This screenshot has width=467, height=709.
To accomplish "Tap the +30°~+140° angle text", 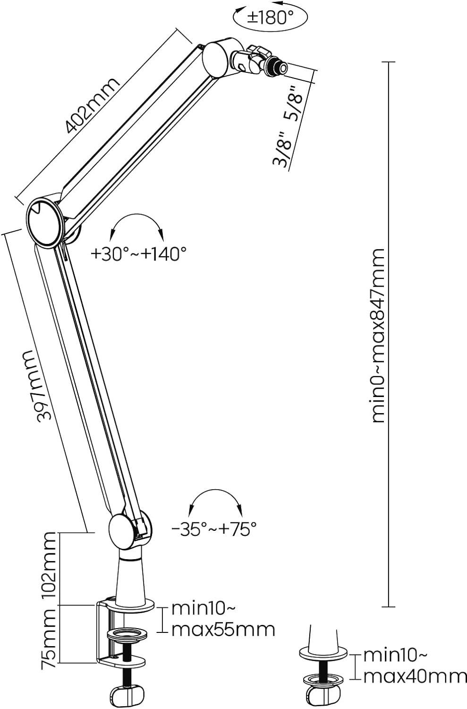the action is pyautogui.click(x=138, y=253).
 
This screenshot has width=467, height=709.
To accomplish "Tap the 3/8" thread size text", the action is pyautogui.click(x=281, y=149).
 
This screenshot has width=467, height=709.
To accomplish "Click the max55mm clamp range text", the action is pyautogui.click(x=223, y=630).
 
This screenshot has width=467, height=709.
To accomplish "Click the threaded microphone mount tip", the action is pyautogui.click(x=277, y=67).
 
